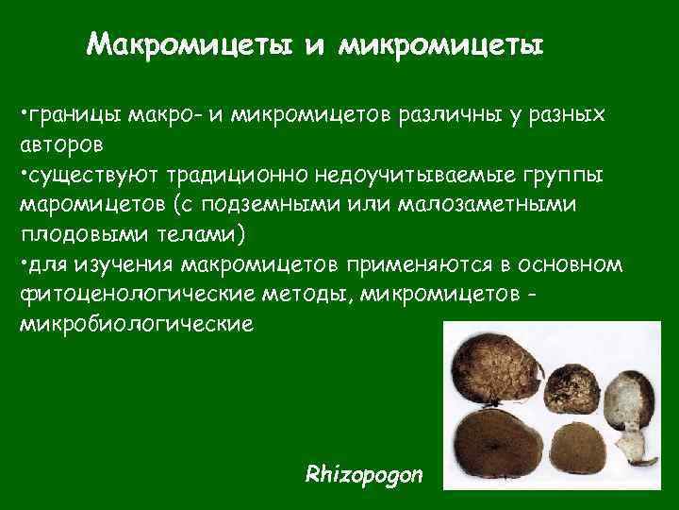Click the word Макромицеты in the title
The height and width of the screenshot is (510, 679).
(187, 44)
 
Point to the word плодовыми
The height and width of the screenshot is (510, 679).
(82, 235)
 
